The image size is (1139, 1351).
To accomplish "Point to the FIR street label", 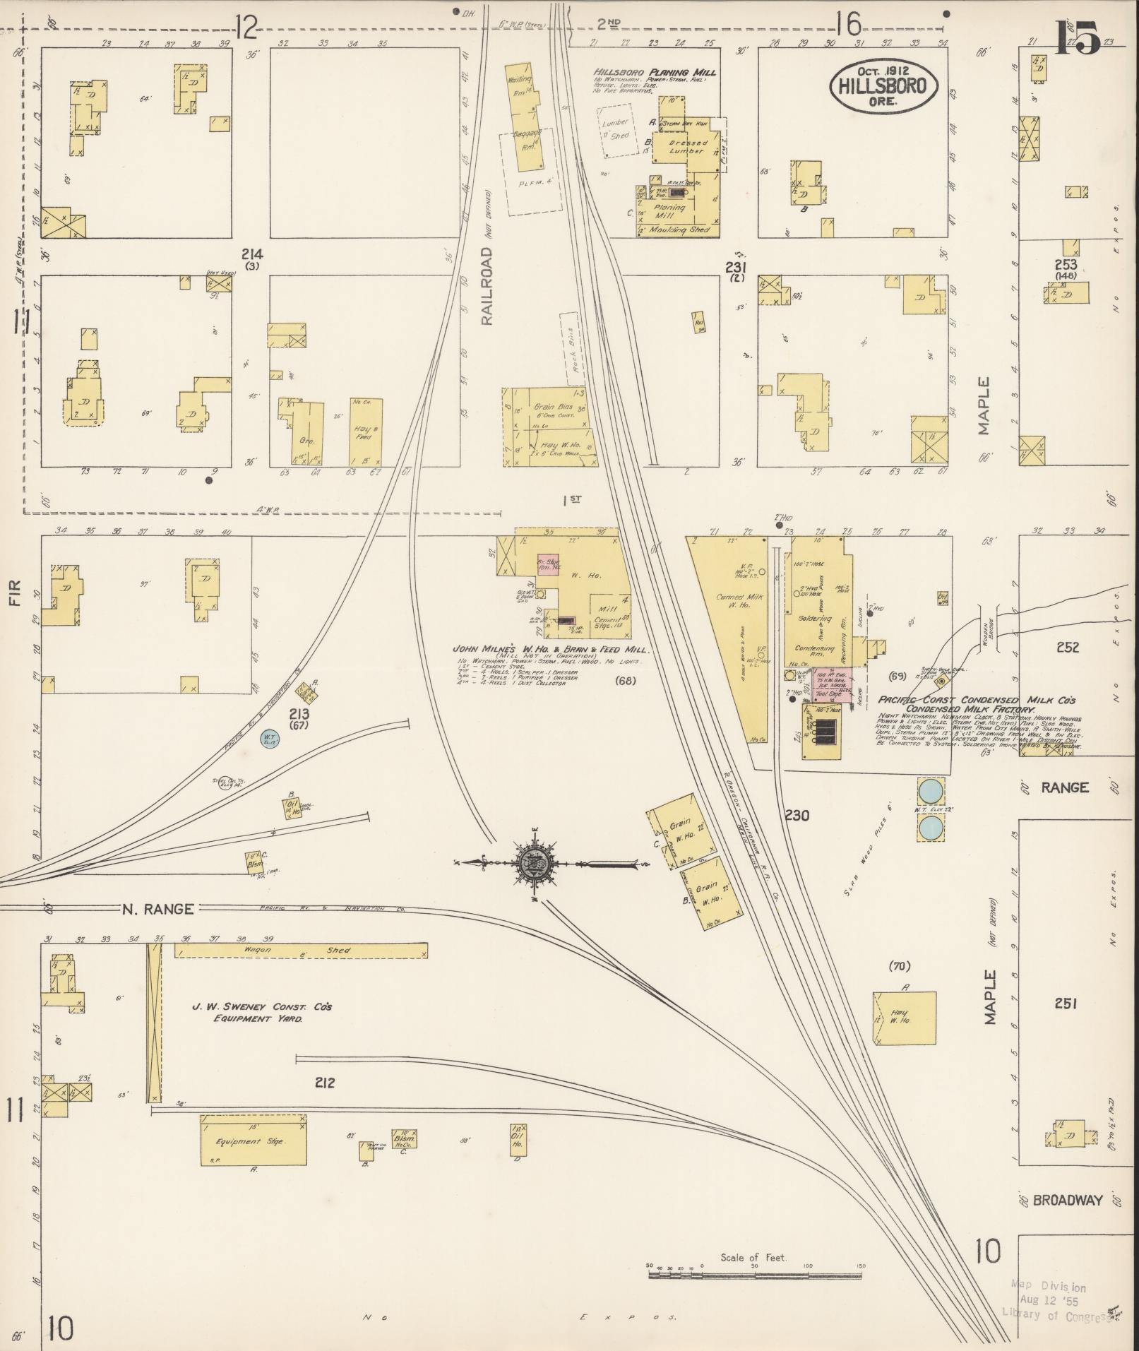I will tap(16, 593).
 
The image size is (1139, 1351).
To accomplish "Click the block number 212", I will tap(325, 1083).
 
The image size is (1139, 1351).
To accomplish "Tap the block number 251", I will tap(1066, 1004).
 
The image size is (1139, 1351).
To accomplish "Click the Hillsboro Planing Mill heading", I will tap(654, 72).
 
